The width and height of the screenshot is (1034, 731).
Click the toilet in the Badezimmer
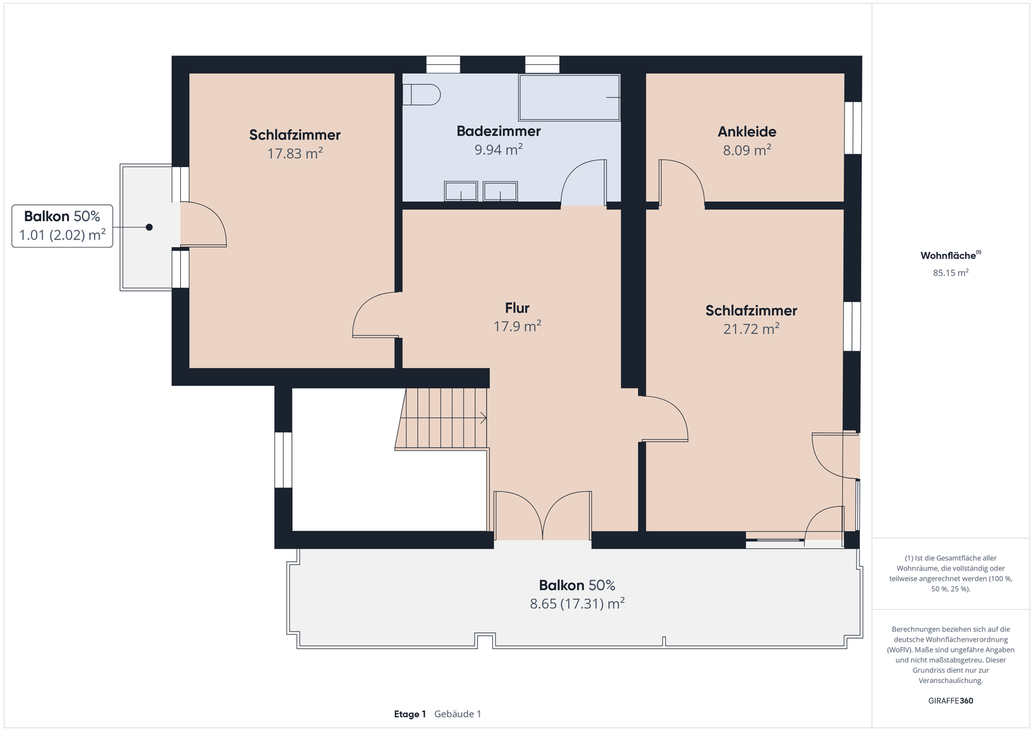coord(421,95)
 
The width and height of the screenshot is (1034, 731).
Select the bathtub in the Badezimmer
coord(569,97)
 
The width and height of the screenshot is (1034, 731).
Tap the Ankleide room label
coord(747,132)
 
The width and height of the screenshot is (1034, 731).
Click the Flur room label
coord(517,308)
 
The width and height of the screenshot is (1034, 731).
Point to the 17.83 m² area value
coord(295,153)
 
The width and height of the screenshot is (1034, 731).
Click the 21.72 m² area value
coord(751,328)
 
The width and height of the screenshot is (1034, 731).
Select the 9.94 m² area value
coord(498,150)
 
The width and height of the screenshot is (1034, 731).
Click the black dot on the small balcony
coord(149,227)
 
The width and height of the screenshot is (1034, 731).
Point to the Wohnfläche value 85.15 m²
coord(951,273)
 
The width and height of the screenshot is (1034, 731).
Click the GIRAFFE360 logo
coord(951,701)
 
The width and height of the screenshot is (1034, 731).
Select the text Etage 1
coord(410,714)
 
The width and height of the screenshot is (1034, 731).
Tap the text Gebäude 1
coord(458,714)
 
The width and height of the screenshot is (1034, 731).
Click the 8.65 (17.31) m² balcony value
coord(577,604)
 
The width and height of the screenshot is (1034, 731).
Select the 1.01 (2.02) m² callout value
coord(62,235)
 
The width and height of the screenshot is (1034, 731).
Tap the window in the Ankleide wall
coord(853,128)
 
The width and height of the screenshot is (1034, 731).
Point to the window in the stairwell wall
coord(283,460)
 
